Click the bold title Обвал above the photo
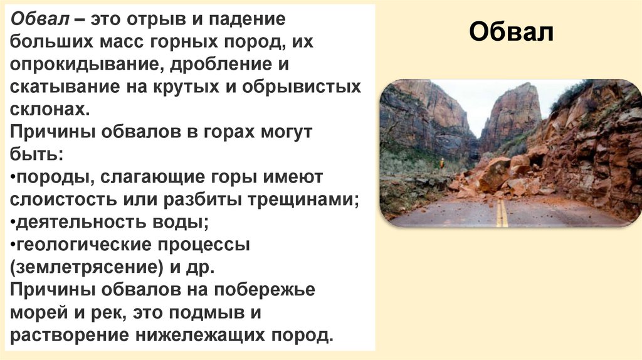point(511,31)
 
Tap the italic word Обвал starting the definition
point(37,19)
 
